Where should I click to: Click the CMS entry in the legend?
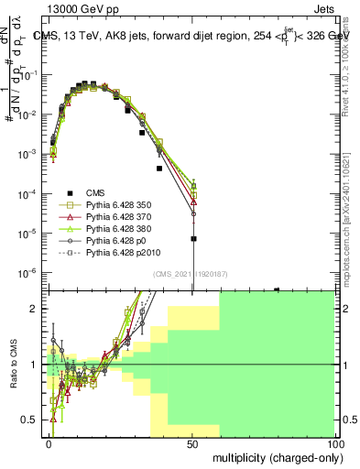pyautogui.click(x=97, y=192)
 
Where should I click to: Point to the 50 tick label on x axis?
pyautogui.click(x=191, y=443)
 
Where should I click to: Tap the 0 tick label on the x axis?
pyautogui.click(x=49, y=443)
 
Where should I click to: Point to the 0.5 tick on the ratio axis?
pyautogui.click(x=30, y=420)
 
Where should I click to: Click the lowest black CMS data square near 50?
pyautogui.click(x=193, y=239)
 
